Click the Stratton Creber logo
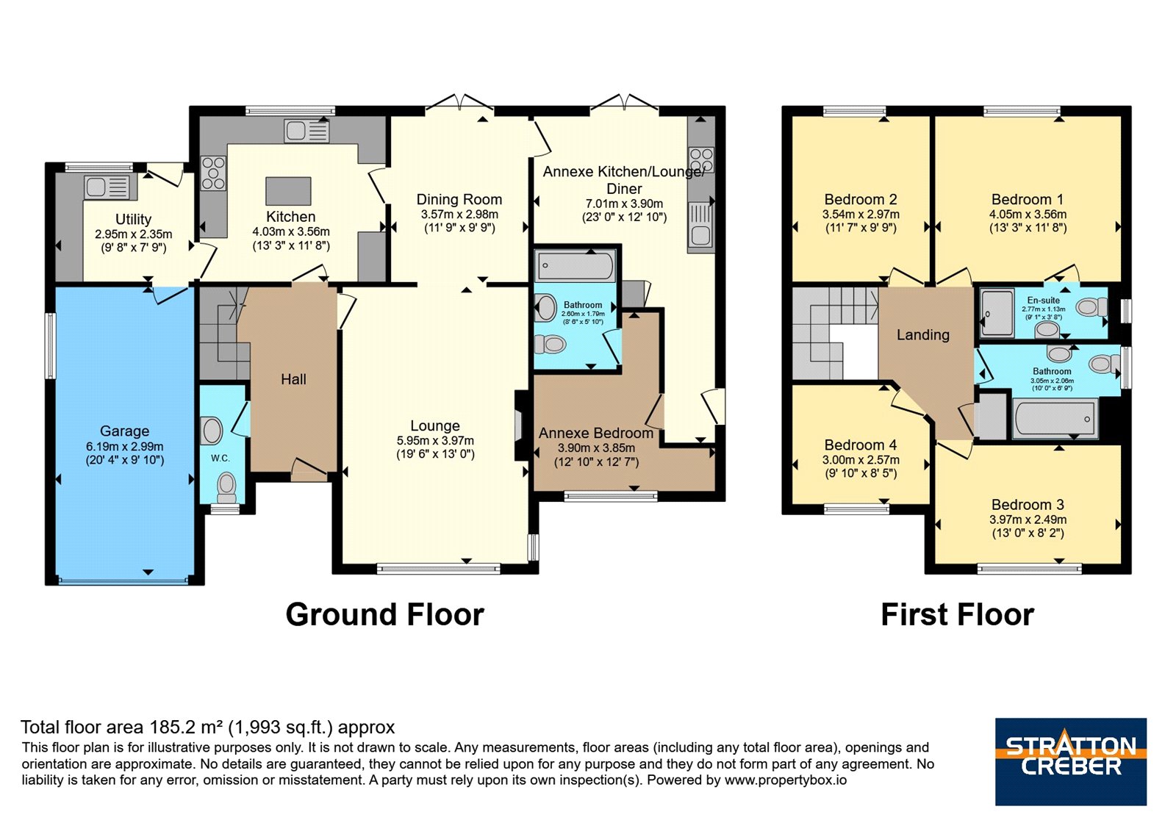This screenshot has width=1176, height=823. [x=1071, y=761]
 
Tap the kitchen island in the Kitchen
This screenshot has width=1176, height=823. [x=288, y=191]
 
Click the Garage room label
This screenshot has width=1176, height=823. [x=124, y=431]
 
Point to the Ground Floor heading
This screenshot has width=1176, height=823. [x=385, y=614]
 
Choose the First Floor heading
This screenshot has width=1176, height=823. [x=958, y=614]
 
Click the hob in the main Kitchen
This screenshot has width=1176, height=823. [x=213, y=173]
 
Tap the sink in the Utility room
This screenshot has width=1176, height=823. [x=107, y=187]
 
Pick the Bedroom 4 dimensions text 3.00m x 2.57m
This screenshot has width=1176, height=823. [x=861, y=460]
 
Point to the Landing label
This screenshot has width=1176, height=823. [x=923, y=335]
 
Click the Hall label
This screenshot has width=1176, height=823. [x=293, y=379]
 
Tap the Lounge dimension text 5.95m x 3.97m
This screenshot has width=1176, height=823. [x=435, y=441]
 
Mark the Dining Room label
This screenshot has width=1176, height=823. [x=459, y=199]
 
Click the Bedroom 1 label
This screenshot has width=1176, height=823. [x=1028, y=199]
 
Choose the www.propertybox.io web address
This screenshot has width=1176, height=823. [x=786, y=780]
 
